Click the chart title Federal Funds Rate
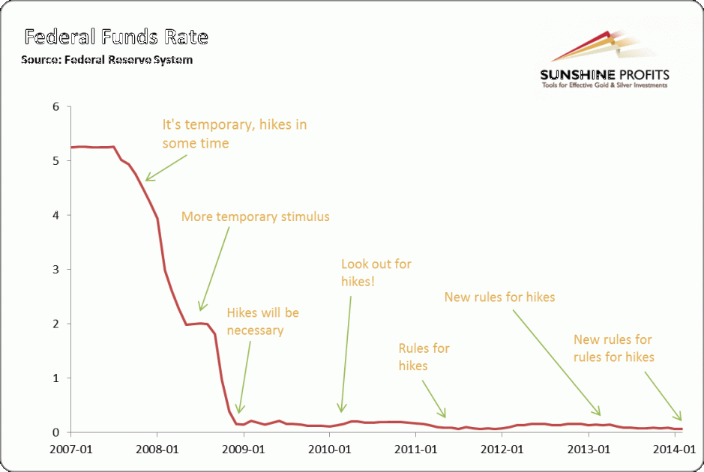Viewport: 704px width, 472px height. point(115,37)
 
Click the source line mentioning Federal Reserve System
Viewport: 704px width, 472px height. point(107,60)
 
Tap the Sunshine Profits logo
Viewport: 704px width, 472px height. point(604,63)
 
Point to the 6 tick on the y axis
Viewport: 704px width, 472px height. point(55,106)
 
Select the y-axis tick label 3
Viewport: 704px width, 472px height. point(55,269)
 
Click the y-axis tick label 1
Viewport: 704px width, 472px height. point(55,378)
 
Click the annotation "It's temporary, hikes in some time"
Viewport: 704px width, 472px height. point(234,133)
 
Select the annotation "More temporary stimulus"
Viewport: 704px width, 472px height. point(255,217)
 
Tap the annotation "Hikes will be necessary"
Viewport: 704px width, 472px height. point(262,321)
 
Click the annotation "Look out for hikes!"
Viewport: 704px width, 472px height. point(376,273)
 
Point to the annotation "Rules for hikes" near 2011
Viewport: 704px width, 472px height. point(424,357)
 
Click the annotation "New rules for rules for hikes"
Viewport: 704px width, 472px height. point(613,348)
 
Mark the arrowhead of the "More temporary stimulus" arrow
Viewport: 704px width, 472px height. point(200,309)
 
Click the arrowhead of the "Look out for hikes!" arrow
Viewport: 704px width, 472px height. point(340,411)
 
